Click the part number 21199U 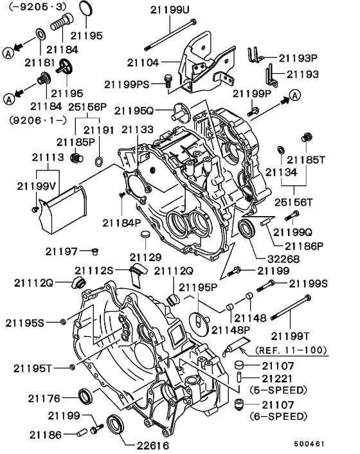170,10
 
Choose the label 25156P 85,106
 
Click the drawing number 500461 327,444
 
